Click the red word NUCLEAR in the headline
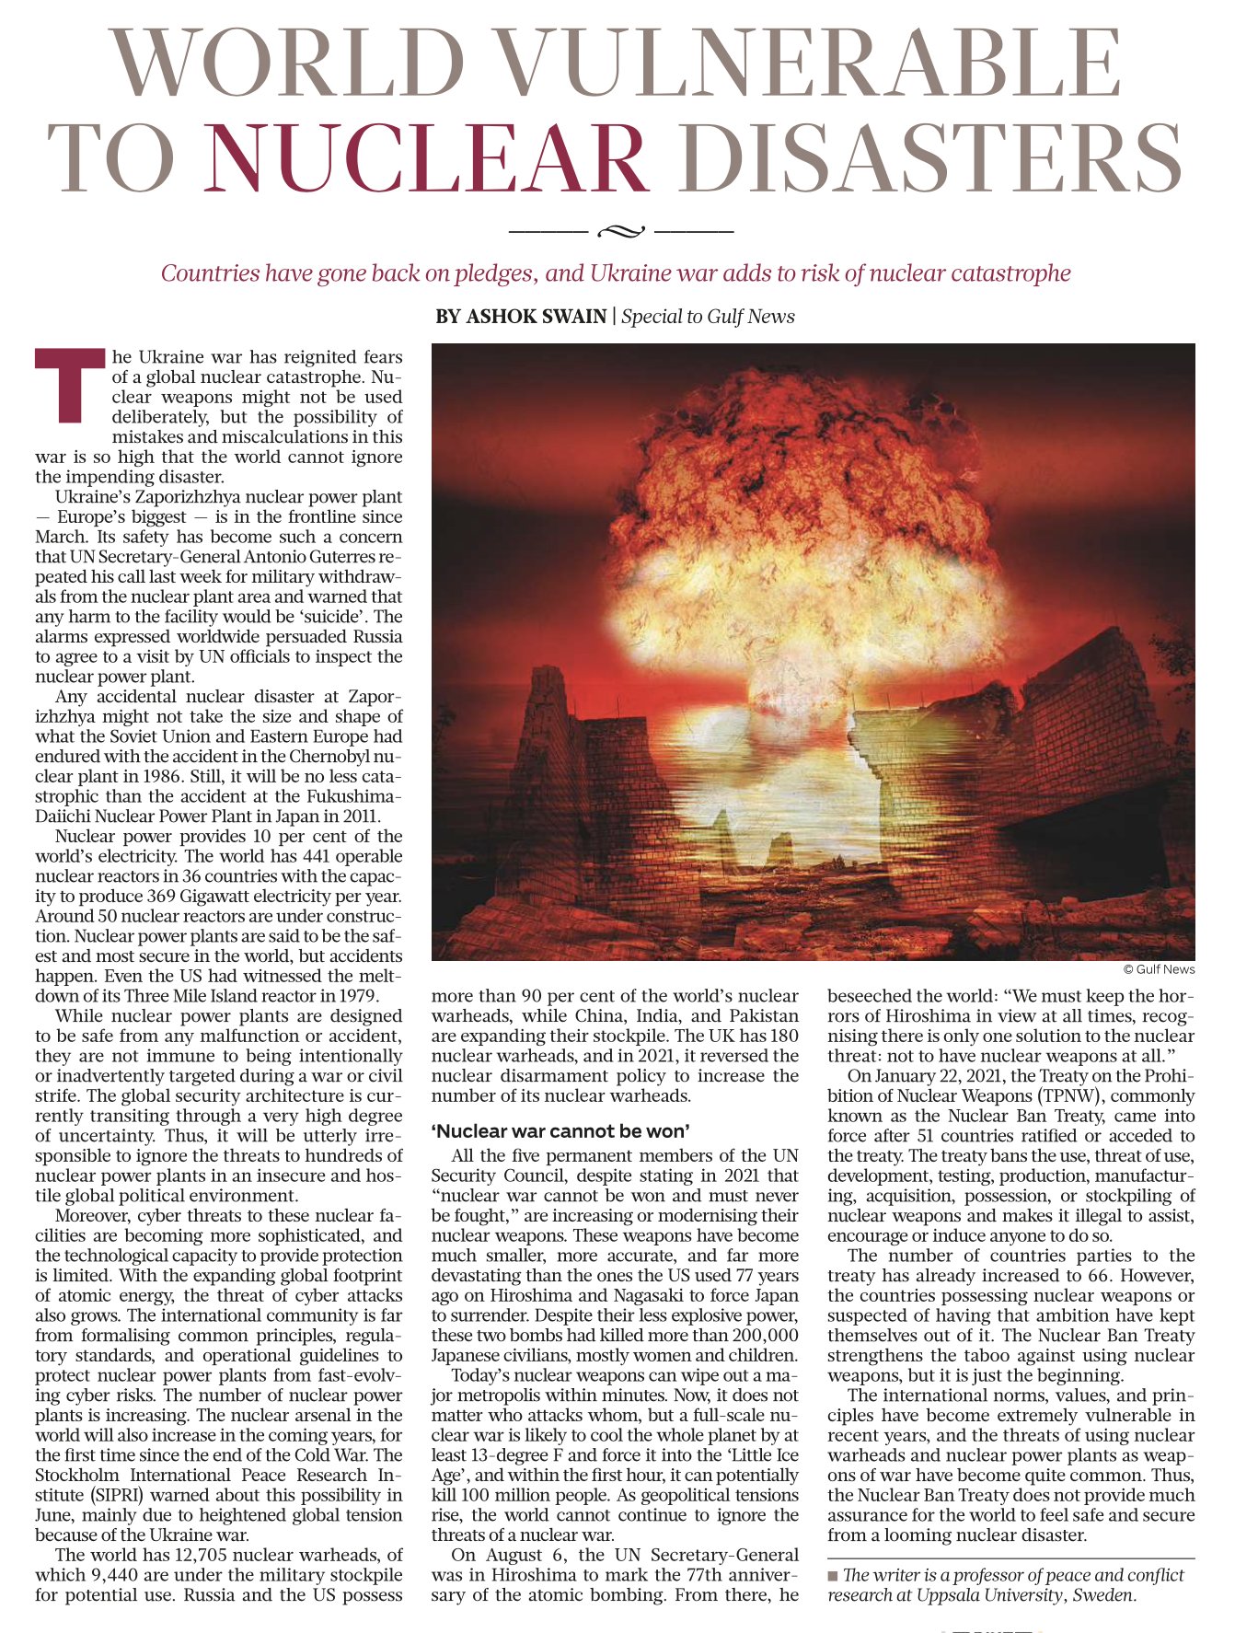[427, 158]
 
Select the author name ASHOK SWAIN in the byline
[521, 317]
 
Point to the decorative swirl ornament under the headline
[621, 230]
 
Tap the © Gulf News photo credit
[1159, 968]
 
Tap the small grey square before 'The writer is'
[833, 1576]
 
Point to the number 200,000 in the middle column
[765, 1335]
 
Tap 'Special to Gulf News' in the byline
[708, 317]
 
